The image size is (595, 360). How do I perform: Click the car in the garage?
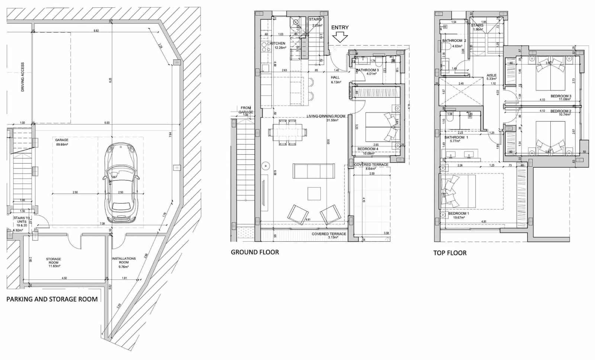121,184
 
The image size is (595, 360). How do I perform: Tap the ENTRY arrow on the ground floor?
340,36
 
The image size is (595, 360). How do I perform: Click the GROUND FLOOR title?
255,252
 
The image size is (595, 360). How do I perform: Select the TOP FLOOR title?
450,253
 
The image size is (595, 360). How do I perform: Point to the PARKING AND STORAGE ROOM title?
52,299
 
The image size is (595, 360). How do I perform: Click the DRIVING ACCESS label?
23,77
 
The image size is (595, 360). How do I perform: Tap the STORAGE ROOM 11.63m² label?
54,262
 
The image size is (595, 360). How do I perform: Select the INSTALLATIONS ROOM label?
124,260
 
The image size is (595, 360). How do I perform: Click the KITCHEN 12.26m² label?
278,45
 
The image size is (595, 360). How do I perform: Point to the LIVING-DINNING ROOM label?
326,116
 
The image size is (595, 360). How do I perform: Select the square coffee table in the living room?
314,193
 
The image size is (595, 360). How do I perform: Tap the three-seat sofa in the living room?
313,171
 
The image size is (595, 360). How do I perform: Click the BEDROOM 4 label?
368,149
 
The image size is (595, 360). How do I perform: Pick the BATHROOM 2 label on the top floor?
454,41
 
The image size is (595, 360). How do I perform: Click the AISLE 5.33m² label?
491,77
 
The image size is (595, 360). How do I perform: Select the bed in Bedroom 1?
458,192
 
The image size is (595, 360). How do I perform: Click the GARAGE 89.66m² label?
62,142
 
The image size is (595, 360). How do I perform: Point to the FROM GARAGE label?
245,110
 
